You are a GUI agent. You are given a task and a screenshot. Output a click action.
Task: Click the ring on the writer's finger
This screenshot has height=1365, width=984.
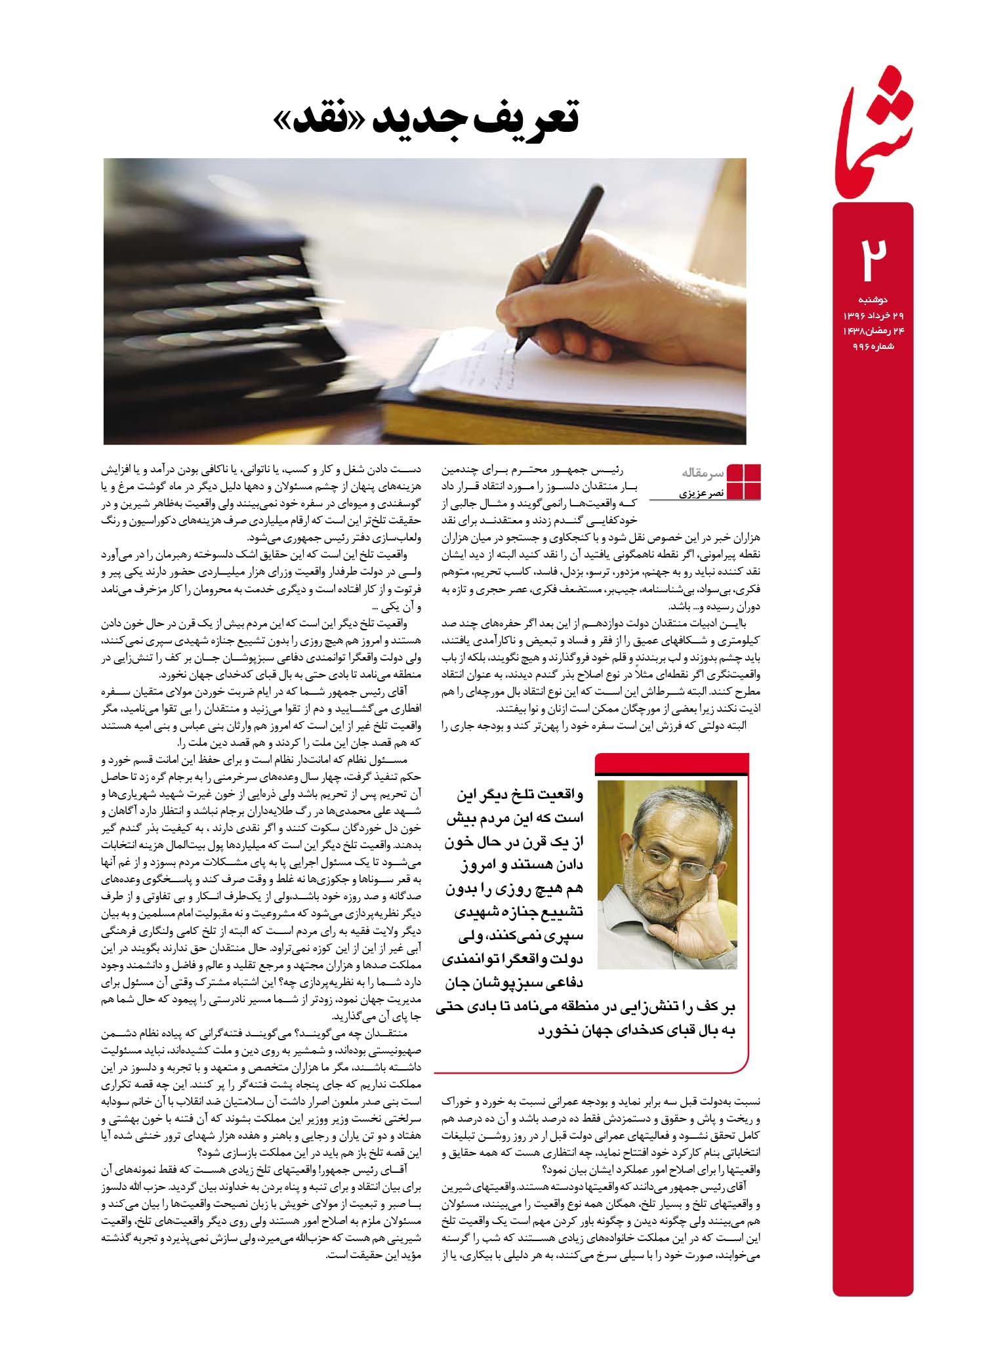pyautogui.click(x=544, y=260)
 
